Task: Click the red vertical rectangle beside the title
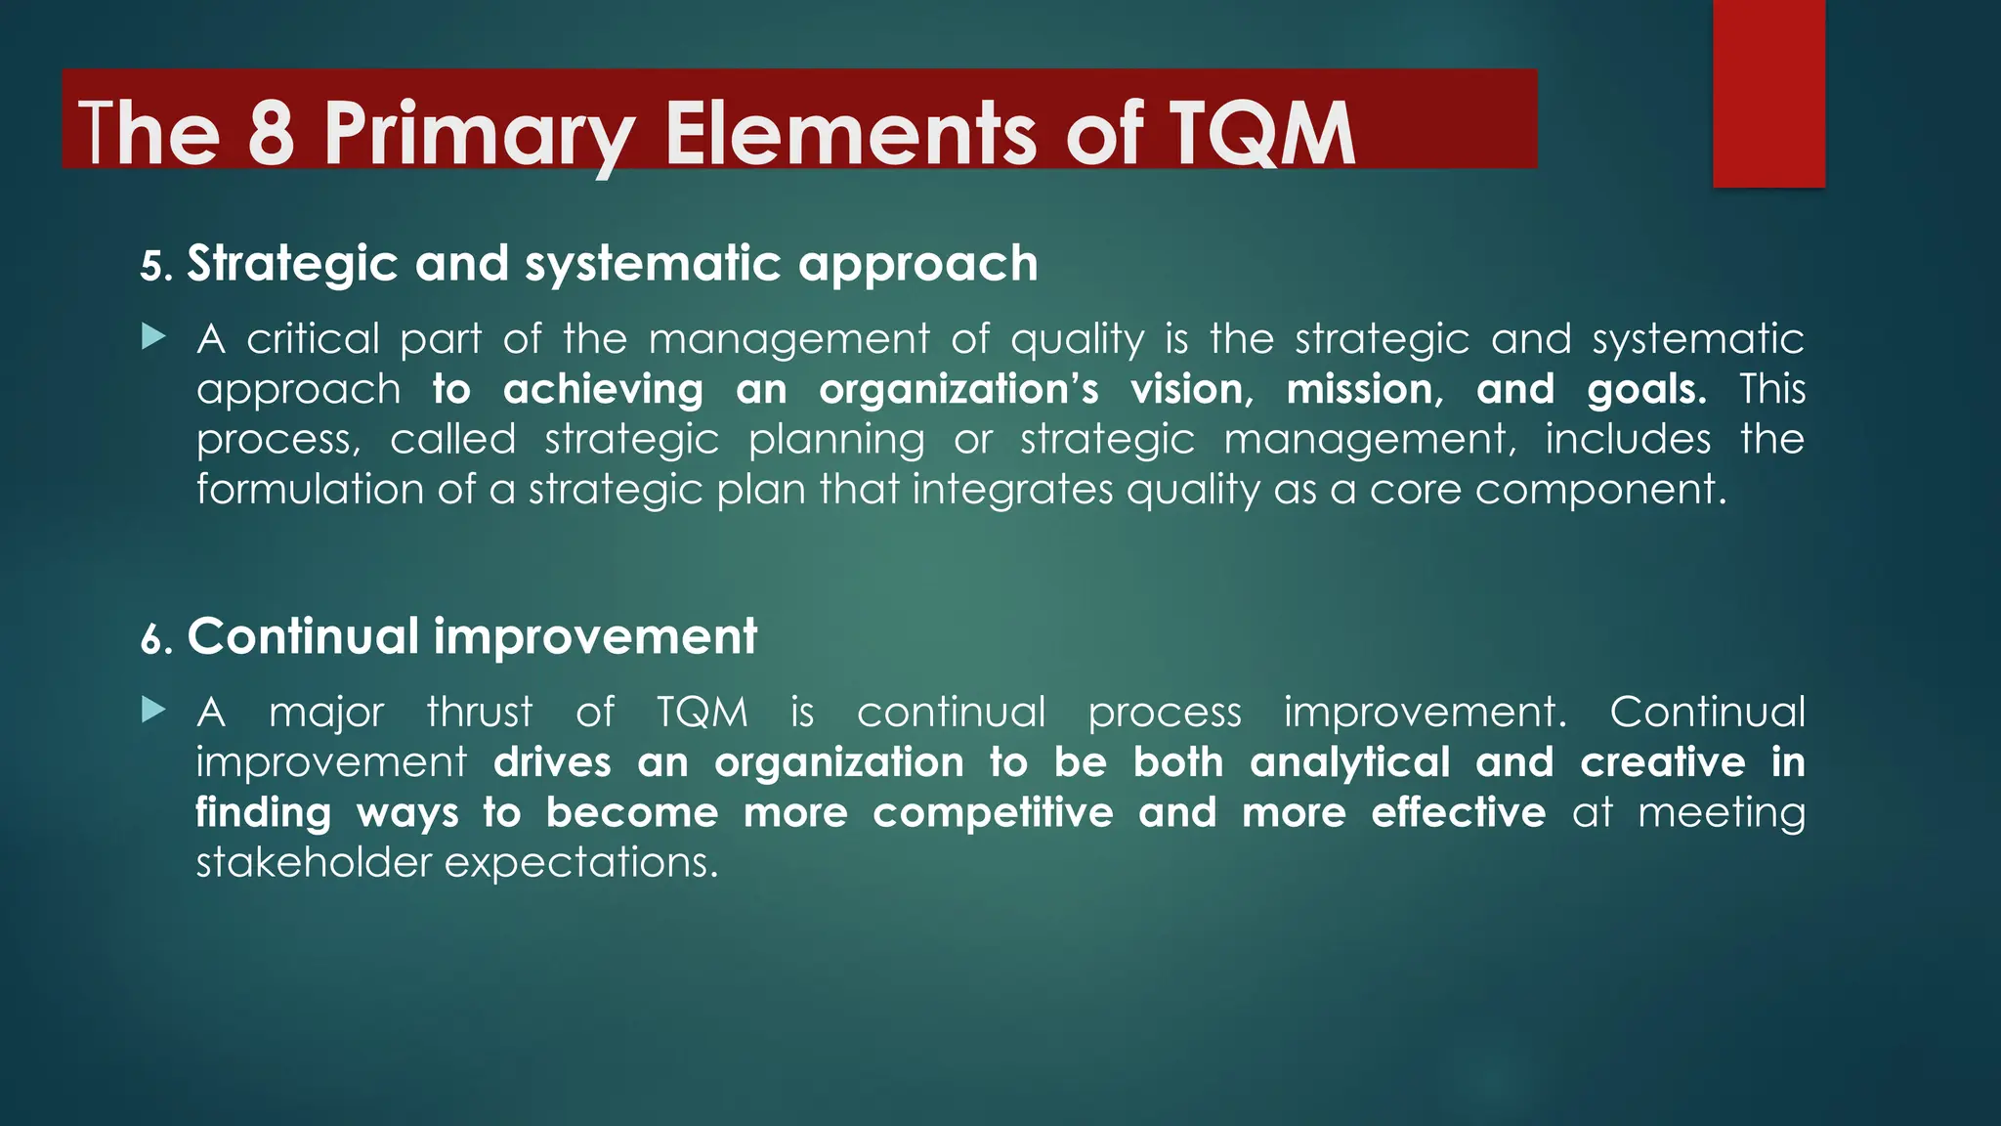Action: pos(1768,93)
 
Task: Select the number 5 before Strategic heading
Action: pos(151,267)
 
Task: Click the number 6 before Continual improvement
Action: pos(151,640)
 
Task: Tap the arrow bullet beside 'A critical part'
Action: pos(153,338)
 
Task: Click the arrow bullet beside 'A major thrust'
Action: pos(153,711)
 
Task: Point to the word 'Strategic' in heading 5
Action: pos(292,264)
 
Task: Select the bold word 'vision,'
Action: pos(1192,389)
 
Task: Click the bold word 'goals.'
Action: pos(1646,389)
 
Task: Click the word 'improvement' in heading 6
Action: pos(595,637)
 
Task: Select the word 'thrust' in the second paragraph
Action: pos(480,713)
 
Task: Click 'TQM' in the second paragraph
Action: pos(702,713)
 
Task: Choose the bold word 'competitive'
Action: pos(993,813)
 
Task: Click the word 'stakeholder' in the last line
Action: pos(314,863)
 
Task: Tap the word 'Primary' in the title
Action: pos(479,134)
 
